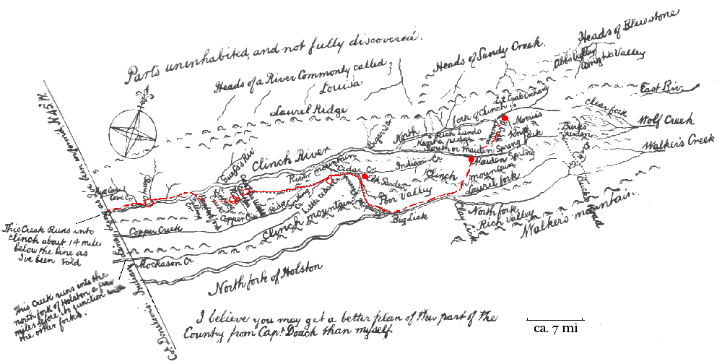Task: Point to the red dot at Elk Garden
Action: pyautogui.click(x=365, y=176)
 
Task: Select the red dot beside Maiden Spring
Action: pyautogui.click(x=471, y=159)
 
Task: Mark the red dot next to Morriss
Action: pyautogui.click(x=505, y=118)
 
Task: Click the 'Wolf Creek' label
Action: pyautogui.click(x=666, y=118)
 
